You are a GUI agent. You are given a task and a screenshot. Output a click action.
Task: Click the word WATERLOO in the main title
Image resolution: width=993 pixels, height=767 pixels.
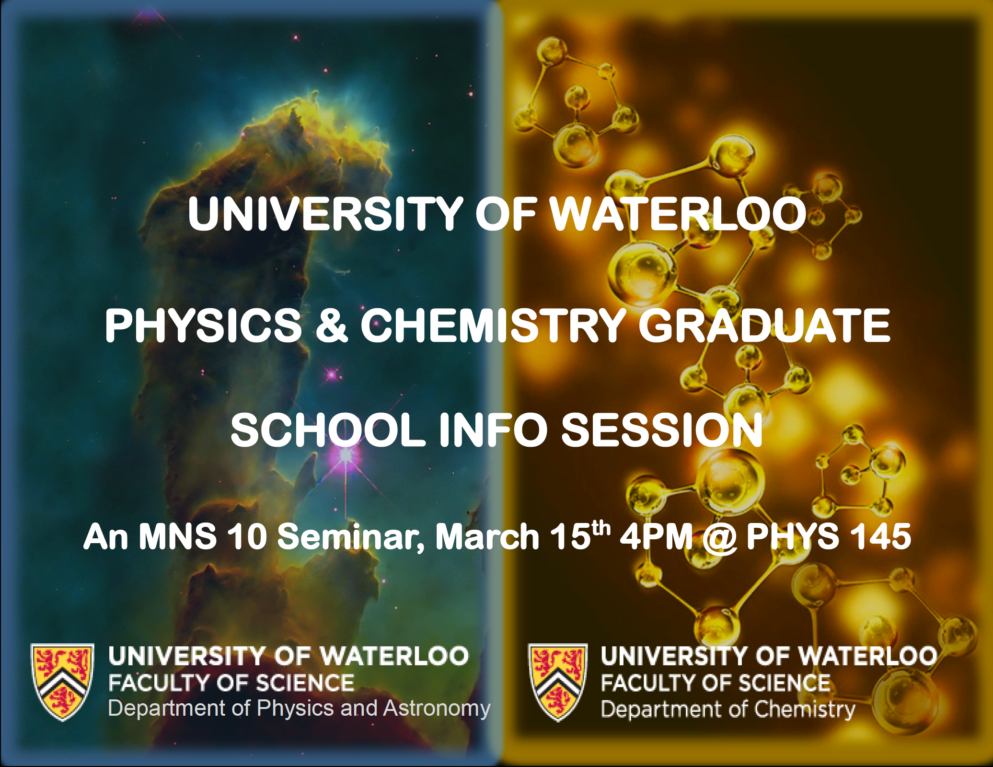pyautogui.click(x=679, y=214)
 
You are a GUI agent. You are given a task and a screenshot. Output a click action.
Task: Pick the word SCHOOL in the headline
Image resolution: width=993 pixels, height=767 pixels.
pyautogui.click(x=328, y=430)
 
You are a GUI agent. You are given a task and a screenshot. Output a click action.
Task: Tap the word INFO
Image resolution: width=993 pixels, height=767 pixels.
pyautogui.click(x=493, y=430)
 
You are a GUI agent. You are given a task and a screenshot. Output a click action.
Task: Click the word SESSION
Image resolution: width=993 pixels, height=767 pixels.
pyautogui.click(x=661, y=430)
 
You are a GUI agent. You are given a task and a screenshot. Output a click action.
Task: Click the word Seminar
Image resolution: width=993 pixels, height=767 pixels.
pyautogui.click(x=350, y=537)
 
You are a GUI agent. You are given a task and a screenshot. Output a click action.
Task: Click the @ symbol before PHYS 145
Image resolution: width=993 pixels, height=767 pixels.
pyautogui.click(x=719, y=538)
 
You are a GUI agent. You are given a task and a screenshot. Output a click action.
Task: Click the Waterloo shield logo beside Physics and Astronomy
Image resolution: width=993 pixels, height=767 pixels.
pyautogui.click(x=62, y=682)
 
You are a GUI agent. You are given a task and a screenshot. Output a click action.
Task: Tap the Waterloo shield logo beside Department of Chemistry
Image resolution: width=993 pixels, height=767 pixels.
pyautogui.click(x=558, y=682)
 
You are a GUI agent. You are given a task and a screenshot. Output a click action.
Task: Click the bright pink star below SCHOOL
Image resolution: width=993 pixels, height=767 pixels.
pyautogui.click(x=346, y=455)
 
